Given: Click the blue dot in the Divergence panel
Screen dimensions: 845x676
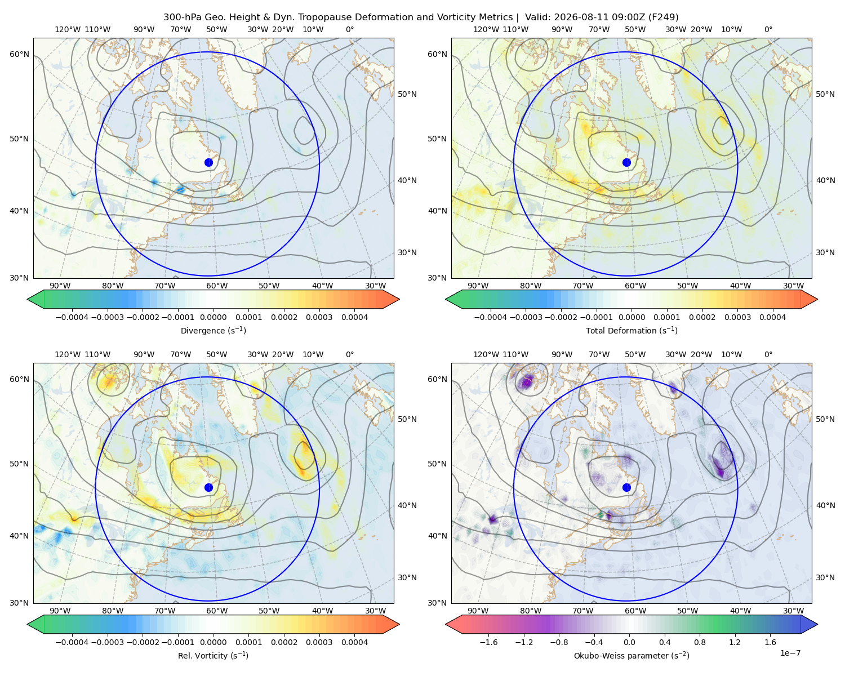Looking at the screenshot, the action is [x=208, y=162].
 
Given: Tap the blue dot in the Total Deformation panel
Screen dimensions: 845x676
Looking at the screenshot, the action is [x=626, y=162].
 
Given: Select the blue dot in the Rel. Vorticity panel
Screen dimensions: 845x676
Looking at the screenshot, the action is [x=208, y=487].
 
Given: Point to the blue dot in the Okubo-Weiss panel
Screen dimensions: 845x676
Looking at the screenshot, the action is [x=626, y=487].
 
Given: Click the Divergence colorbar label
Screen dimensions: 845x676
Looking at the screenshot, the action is [x=213, y=330].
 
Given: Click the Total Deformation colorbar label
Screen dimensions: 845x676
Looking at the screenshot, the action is [x=631, y=330].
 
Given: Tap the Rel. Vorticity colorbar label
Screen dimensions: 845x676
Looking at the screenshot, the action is [x=213, y=655].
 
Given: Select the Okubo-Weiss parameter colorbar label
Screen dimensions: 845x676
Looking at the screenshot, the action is [x=631, y=655].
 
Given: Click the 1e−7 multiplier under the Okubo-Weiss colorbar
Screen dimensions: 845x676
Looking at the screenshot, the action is [x=790, y=653].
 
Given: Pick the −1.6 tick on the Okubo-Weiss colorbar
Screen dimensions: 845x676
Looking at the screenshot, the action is [x=488, y=642].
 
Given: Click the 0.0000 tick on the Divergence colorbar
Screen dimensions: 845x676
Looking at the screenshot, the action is [x=213, y=317].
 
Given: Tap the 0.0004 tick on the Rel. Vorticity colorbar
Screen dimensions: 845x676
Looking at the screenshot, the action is [x=354, y=642].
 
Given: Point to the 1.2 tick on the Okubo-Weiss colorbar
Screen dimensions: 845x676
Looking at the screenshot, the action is [x=735, y=642].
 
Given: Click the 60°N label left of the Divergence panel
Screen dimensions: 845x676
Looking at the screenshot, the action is [x=19, y=54].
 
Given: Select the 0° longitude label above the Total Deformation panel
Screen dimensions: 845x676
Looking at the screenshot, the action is [x=768, y=29].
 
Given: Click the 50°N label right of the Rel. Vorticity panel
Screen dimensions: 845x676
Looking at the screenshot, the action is [x=407, y=419].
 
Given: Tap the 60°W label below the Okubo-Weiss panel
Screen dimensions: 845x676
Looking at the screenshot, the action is [x=635, y=611].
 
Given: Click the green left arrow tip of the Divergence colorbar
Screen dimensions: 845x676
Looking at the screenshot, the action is [x=28, y=299].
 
